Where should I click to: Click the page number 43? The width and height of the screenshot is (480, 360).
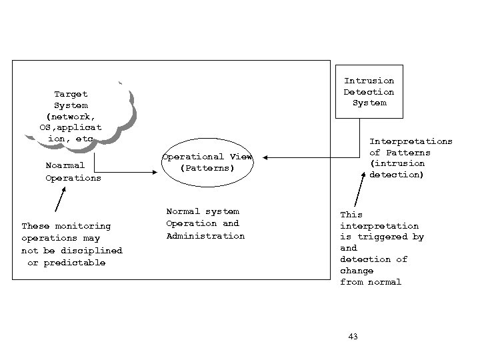353,337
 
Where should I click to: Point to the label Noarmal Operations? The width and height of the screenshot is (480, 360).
73,172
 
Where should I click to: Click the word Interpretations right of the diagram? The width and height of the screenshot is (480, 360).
411,141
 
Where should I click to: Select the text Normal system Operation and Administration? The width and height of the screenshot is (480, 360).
205,223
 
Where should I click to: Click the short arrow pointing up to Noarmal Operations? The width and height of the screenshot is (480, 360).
62,199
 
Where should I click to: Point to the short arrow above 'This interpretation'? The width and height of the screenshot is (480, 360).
359,194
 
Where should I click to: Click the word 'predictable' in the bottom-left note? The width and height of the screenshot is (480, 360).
75,263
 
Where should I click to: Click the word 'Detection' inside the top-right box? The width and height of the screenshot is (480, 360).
369,92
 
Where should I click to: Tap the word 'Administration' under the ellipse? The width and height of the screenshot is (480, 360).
205,236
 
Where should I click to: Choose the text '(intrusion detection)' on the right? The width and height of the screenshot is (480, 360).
397,169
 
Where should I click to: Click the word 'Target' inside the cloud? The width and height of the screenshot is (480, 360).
71,94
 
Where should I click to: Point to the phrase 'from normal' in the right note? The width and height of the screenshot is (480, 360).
371,282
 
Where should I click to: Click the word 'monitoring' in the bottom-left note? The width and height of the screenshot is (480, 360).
83,226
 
